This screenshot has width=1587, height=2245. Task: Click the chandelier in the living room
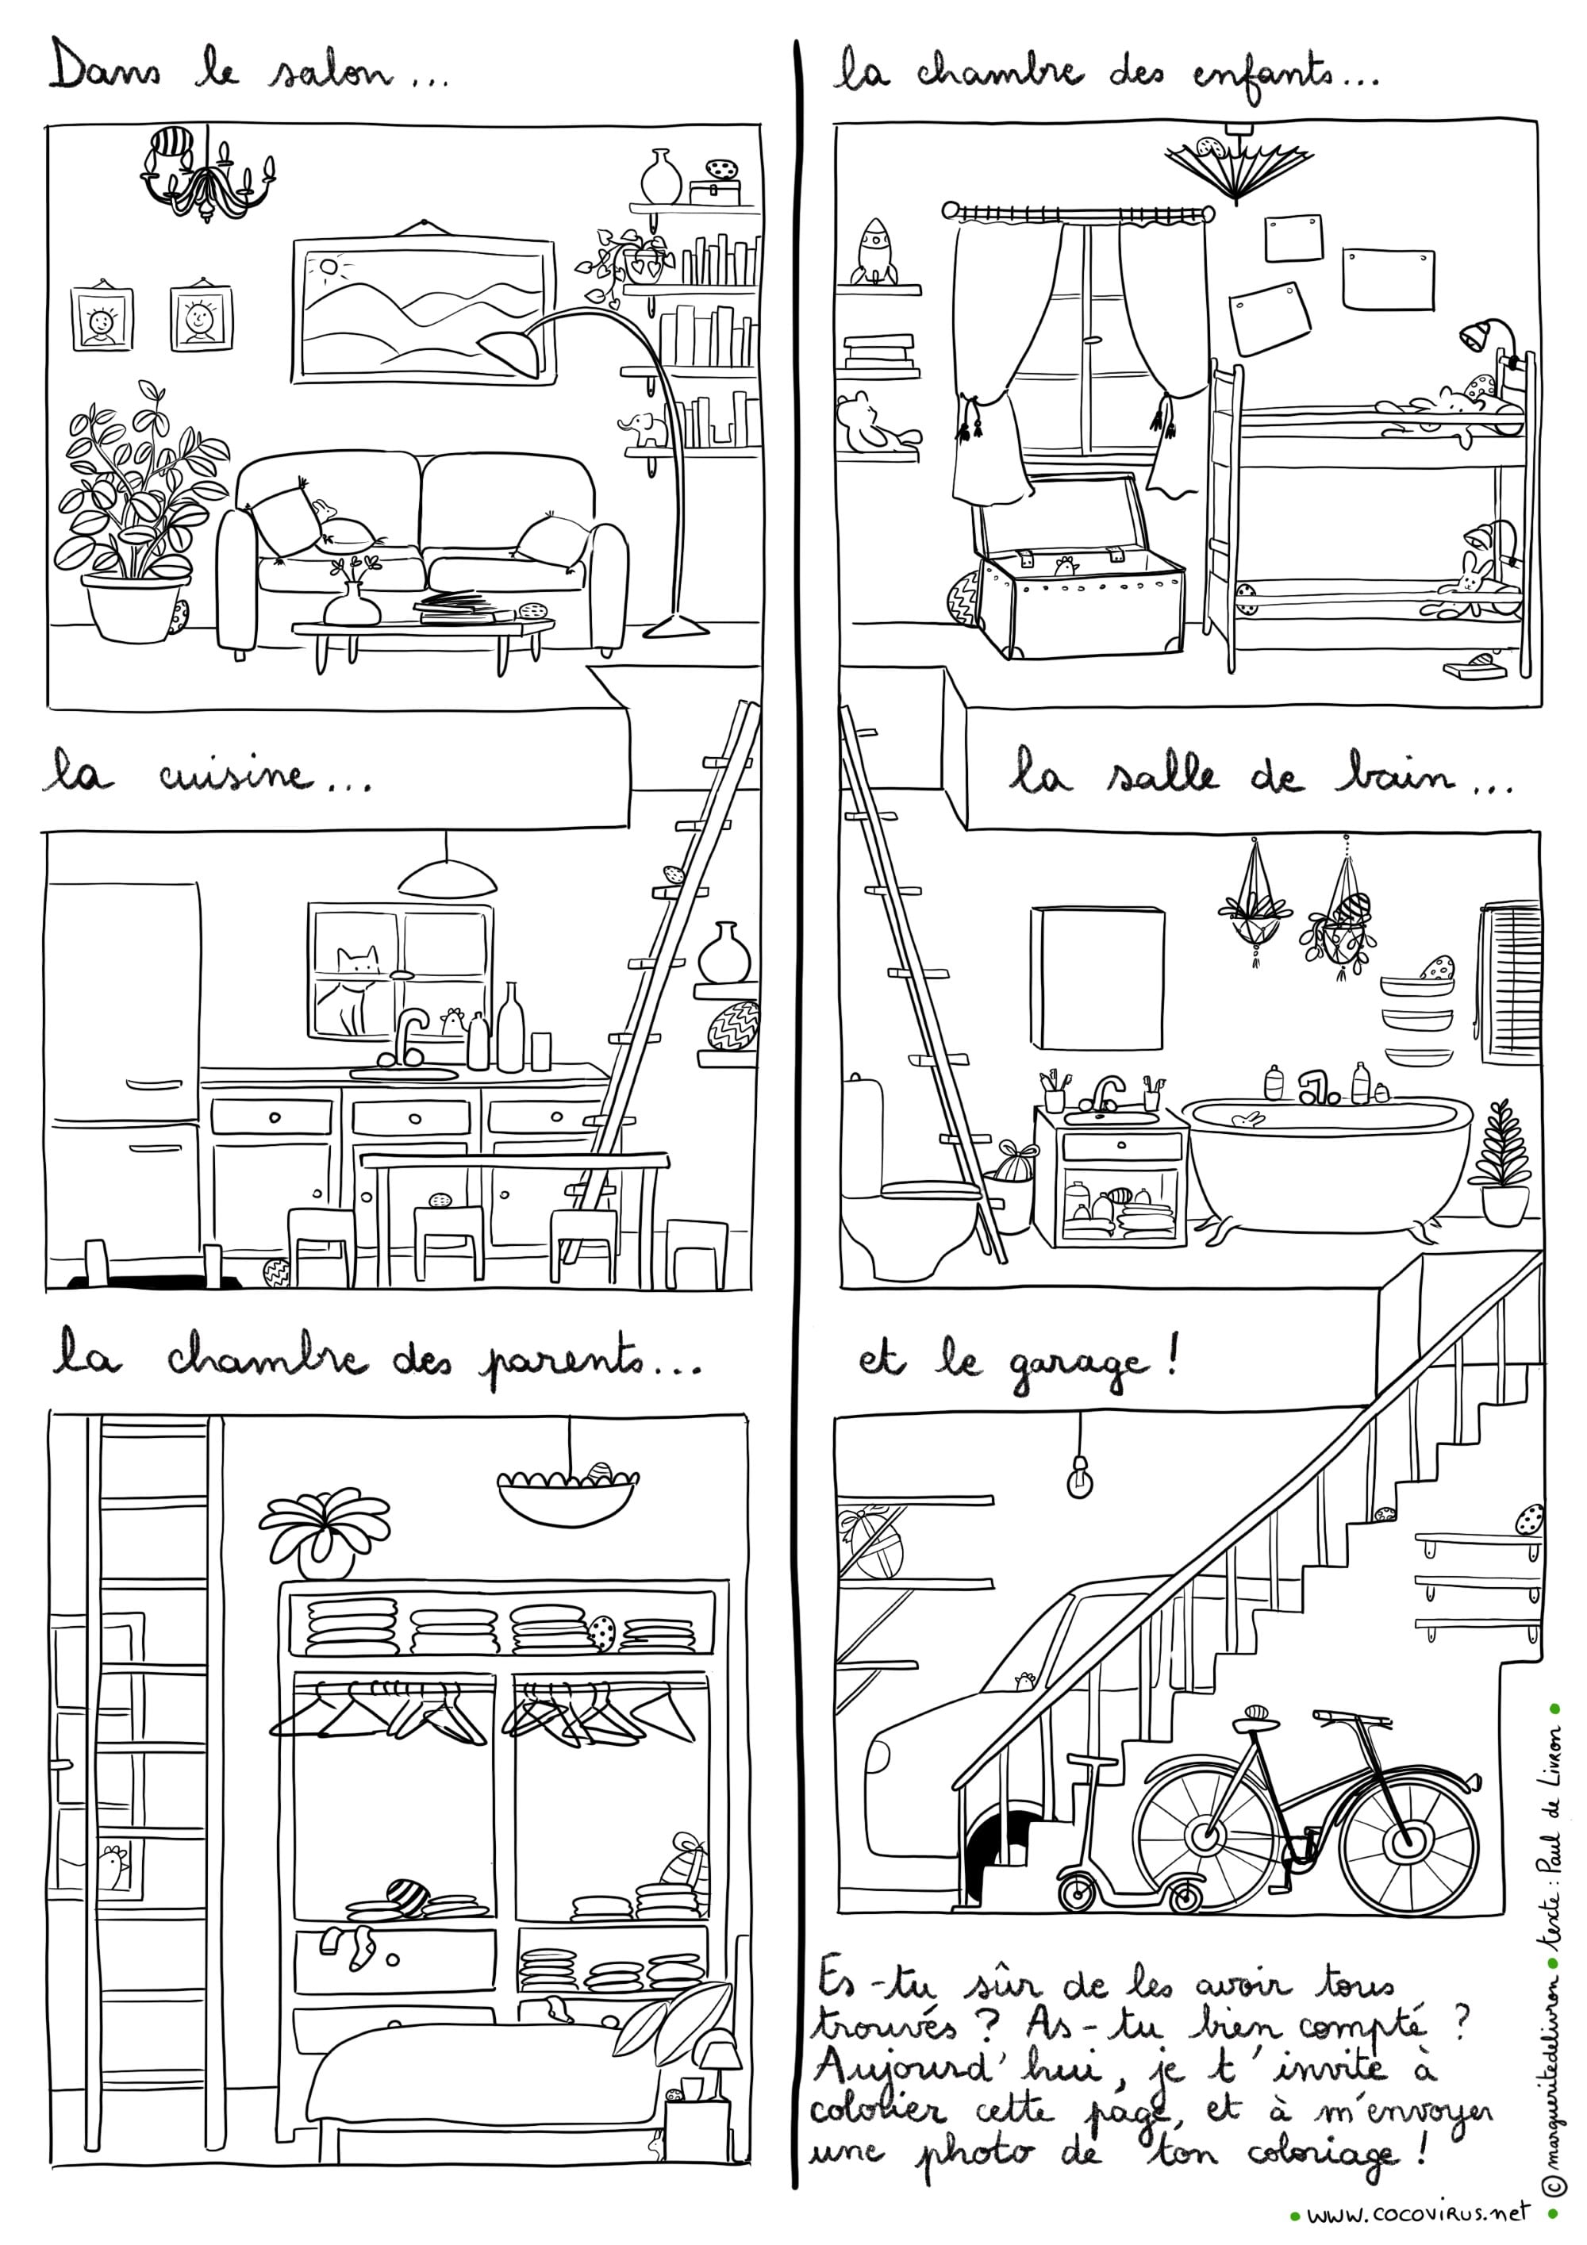[x=207, y=178]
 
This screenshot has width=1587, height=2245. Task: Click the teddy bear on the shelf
[x=872, y=422]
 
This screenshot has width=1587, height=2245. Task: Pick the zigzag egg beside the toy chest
[x=963, y=594]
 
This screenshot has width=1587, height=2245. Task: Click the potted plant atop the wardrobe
[x=325, y=1533]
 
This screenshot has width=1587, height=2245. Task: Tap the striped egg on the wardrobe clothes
[x=408, y=1897]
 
